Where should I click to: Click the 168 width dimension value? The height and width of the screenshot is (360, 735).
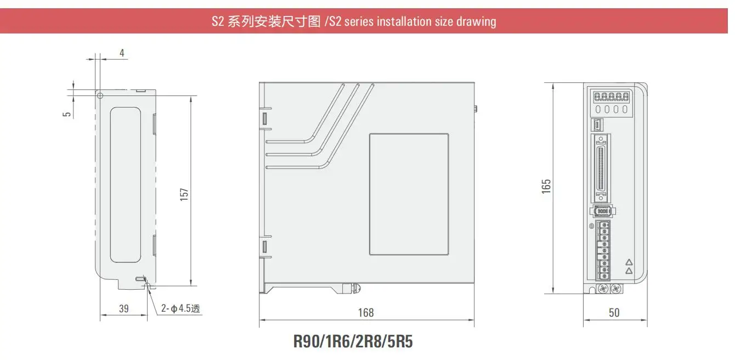click(365, 313)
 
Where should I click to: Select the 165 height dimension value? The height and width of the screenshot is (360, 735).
click(546, 186)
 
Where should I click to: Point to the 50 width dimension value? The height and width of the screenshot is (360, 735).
click(614, 313)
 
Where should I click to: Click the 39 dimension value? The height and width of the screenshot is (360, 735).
click(123, 309)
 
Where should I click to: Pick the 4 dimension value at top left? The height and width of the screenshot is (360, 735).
click(122, 53)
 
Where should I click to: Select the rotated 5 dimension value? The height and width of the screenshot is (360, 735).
click(67, 114)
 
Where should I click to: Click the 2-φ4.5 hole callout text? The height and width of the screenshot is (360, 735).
click(180, 309)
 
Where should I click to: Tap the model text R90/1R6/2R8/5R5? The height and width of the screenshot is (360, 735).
click(353, 341)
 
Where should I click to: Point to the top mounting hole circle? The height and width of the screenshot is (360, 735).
click(100, 95)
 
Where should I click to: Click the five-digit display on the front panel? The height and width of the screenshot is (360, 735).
click(610, 97)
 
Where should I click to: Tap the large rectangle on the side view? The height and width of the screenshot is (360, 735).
click(409, 194)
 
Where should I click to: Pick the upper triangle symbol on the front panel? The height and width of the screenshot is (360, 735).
click(629, 263)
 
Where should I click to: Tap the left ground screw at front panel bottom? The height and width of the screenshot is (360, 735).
click(603, 289)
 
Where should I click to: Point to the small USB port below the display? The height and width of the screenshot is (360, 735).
click(598, 125)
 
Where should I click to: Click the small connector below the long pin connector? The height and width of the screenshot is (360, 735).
click(602, 211)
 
